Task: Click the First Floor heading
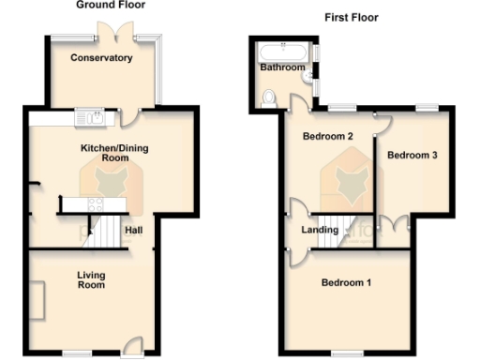pyautogui.click(x=351, y=17)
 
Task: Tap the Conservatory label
pyautogui.click(x=101, y=58)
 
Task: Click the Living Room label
pyautogui.click(x=91, y=279)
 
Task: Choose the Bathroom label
pyautogui.click(x=282, y=67)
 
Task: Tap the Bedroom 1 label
pyautogui.click(x=346, y=283)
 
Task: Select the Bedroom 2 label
pyautogui.click(x=327, y=137)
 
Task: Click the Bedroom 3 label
pyautogui.click(x=413, y=156)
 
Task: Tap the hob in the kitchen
pyautogui.click(x=96, y=203)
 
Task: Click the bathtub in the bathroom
pyautogui.click(x=284, y=50)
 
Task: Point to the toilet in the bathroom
pyautogui.click(x=269, y=96)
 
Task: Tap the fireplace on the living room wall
pyautogui.click(x=36, y=300)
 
